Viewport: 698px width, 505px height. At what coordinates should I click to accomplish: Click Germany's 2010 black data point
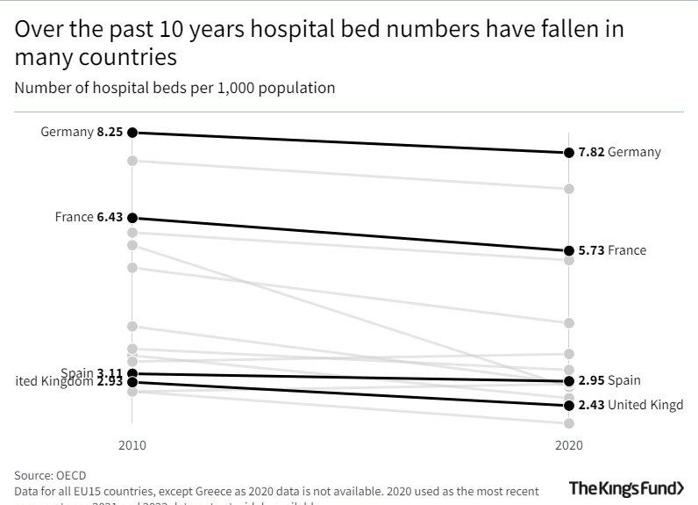132,133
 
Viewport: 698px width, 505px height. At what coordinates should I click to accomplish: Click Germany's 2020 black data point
569,153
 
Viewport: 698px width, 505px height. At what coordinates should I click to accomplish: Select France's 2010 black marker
132,218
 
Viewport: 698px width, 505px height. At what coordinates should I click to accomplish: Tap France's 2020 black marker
569,250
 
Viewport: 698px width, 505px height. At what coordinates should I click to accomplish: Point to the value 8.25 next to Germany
110,133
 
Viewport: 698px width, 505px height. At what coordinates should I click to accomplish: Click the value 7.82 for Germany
591,153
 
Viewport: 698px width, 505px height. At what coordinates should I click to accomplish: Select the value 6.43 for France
110,218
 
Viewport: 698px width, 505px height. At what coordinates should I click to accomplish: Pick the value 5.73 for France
591,250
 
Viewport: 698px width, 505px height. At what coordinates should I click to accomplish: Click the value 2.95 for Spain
591,381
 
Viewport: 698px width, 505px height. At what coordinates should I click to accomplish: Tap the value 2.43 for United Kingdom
591,405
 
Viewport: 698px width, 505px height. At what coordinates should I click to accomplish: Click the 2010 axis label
132,446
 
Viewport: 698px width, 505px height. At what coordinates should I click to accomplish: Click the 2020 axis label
569,446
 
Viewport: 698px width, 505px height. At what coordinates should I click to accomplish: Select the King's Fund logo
626,488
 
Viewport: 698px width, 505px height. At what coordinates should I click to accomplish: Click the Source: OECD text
50,475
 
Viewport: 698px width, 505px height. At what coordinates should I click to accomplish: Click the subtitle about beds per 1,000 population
174,88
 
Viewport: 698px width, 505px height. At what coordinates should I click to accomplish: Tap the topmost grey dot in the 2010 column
132,160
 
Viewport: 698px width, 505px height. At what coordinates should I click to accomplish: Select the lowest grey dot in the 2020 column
569,423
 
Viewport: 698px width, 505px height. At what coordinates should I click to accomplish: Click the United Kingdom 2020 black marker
569,405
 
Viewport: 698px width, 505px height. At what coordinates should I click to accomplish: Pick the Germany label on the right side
634,153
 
